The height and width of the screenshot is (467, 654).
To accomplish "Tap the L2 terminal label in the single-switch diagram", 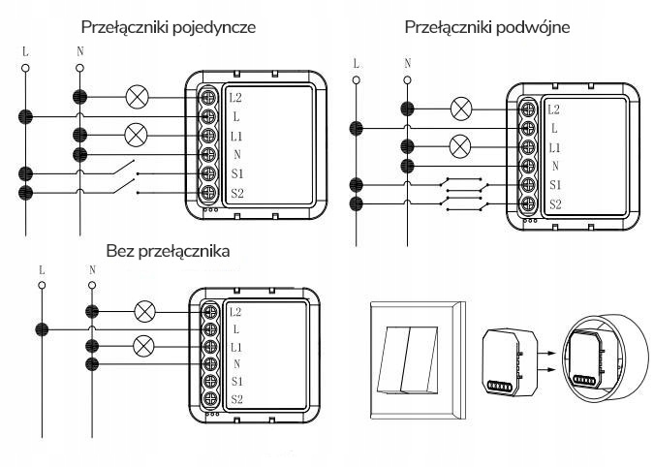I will click(x=236, y=98).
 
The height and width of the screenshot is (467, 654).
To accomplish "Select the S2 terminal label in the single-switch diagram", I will click(x=236, y=194).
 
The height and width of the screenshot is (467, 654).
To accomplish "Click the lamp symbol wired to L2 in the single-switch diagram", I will click(x=138, y=97).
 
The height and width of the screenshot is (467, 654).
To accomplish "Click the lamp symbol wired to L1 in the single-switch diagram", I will click(x=138, y=136).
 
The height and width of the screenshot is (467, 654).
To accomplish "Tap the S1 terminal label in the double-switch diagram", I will click(x=554, y=184).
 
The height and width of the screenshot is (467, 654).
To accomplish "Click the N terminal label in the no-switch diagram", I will click(x=236, y=363).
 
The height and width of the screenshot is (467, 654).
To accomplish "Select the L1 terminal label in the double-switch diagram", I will click(x=554, y=146).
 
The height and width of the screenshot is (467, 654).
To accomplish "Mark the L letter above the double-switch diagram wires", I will click(x=357, y=64).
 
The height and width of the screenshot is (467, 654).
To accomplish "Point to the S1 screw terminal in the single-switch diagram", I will click(x=207, y=174).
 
